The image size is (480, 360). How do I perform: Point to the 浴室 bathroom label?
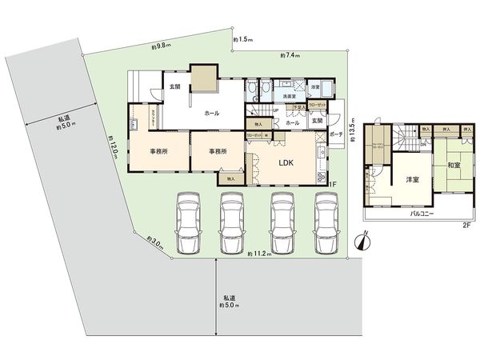click(314, 87)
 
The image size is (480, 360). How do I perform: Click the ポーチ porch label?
click(336, 135)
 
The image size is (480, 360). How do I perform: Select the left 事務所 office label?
click(158, 150)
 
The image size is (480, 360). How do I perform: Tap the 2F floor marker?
click(465, 226)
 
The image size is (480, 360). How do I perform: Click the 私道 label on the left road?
click(62, 122)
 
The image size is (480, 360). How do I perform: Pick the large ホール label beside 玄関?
click(212, 114)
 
